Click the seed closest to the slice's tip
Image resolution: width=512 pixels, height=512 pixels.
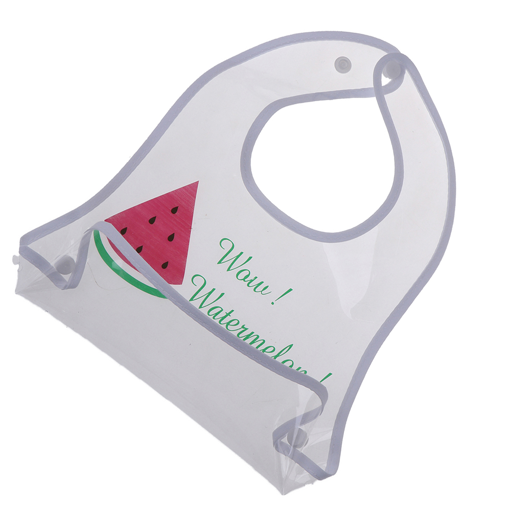coord(175,210)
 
